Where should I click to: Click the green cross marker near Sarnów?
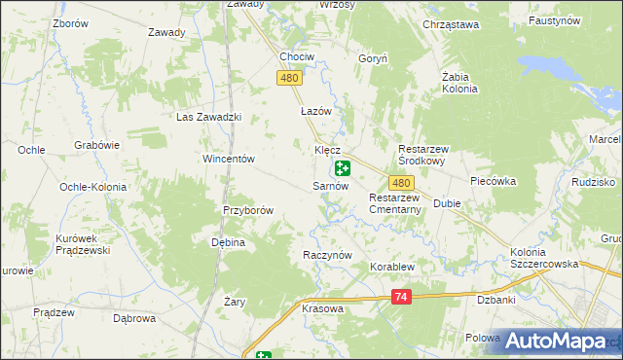click(x=343, y=168)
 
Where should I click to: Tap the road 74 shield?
click(x=402, y=297)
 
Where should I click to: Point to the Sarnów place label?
click(x=330, y=185)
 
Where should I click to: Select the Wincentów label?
click(x=228, y=159)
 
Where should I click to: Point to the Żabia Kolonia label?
click(x=458, y=82)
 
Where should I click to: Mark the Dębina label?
click(x=227, y=243)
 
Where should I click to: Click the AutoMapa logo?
click(x=556, y=341)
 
